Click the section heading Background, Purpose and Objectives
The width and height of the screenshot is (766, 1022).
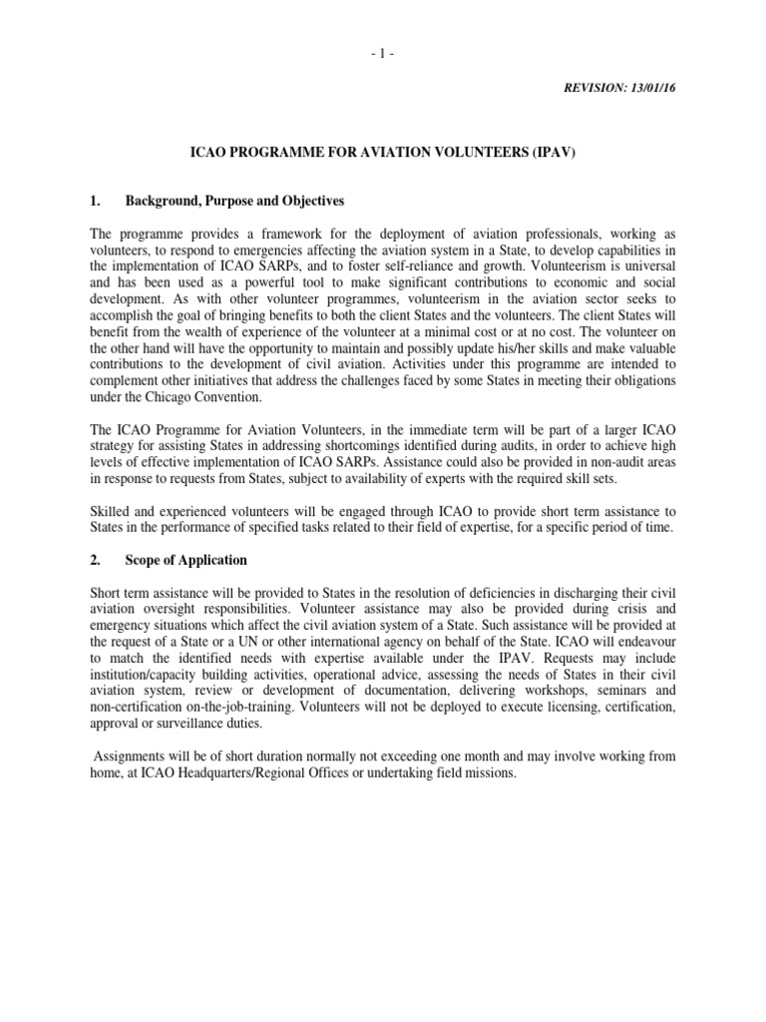(x=234, y=201)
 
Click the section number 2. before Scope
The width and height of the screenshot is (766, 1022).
(x=96, y=560)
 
